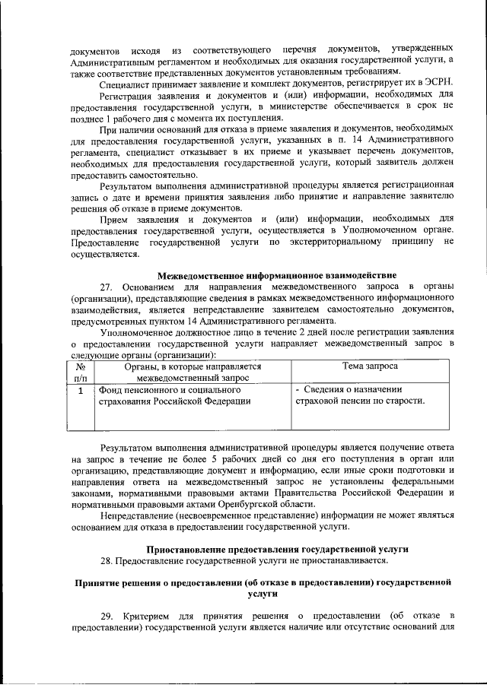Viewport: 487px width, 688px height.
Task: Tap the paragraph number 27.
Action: (107, 286)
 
